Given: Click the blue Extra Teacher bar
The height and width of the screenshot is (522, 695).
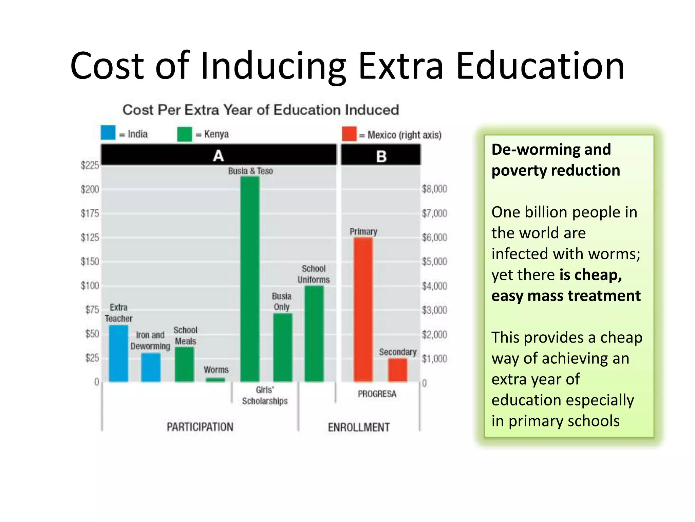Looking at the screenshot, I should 118,353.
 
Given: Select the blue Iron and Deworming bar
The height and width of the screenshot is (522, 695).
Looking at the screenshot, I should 151,367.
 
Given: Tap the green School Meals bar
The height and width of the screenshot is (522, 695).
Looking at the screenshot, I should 185,364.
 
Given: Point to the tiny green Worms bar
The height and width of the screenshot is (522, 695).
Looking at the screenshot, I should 215,380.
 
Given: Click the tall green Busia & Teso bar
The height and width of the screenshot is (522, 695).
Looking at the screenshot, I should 250,279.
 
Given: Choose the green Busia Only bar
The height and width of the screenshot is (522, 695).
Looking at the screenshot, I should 282,347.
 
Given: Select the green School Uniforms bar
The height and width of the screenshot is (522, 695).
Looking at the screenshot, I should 314,334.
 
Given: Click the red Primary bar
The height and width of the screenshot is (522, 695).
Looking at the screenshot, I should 363,309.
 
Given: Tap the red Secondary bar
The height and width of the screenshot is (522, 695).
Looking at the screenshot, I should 397,370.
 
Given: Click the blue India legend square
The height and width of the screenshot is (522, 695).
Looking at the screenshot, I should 108,133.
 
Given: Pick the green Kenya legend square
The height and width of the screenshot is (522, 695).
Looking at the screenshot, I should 185,134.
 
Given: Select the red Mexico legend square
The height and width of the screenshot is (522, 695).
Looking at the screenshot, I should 349,134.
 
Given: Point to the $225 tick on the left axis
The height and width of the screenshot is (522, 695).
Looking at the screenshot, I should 90,166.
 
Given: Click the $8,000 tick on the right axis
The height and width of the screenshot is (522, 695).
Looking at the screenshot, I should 434,189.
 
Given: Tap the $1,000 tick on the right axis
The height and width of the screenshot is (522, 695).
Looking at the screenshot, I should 434,359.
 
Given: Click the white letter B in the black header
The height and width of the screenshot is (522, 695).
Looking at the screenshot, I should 381,156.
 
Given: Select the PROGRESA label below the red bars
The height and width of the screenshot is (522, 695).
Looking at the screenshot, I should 377,394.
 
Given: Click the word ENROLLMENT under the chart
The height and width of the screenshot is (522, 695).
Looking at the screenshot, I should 359,427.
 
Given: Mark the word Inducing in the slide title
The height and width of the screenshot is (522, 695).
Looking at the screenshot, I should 273,66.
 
